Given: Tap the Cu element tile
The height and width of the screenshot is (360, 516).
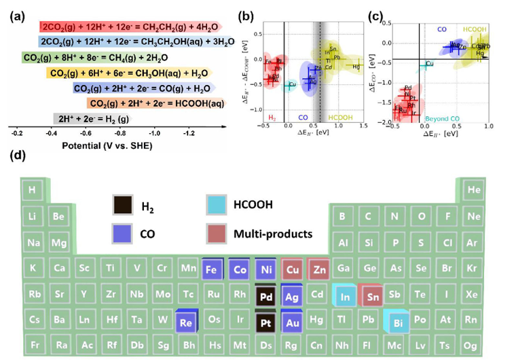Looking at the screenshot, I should point(291,269).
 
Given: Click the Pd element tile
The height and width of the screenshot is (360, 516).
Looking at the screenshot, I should point(265,295).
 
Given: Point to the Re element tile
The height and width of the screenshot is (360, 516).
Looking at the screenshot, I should point(185,321).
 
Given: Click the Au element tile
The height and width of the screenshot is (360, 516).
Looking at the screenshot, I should point(291,321).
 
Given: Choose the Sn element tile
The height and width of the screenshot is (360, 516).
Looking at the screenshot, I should point(371,295).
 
